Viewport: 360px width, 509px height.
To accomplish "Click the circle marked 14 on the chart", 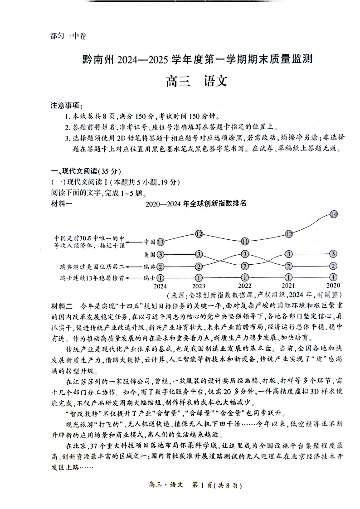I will click(334, 214).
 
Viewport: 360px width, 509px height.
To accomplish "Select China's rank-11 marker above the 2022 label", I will click(245, 241).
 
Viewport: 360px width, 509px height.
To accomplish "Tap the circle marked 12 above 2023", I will click(199, 234).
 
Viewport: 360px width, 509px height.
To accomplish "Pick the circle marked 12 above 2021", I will click(289, 234).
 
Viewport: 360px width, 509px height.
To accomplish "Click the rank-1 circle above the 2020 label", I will click(334, 277).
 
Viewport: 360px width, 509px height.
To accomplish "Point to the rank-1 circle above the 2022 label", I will click(245, 277).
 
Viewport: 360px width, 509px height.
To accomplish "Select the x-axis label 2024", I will click(160, 286).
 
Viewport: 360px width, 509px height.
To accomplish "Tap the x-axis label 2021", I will click(288, 286).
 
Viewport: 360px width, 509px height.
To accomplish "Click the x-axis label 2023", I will click(199, 286).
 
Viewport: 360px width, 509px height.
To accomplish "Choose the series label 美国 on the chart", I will click(149, 254).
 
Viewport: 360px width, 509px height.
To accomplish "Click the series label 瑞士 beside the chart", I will click(149, 277).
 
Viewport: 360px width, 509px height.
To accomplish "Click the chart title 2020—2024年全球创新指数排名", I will click(196, 204).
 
